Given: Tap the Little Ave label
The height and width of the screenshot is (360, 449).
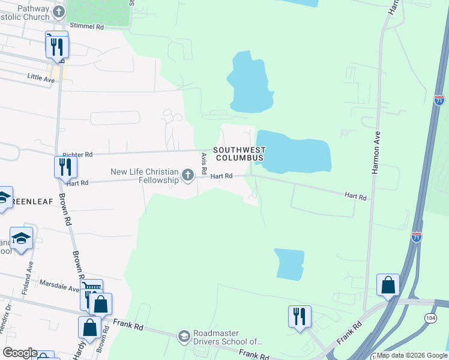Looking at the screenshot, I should [41, 77].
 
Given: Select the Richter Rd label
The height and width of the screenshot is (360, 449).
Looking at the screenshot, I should [77, 154].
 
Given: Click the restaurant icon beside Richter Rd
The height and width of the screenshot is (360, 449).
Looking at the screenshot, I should [65, 167].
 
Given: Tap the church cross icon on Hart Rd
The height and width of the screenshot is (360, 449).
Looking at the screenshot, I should [188, 176].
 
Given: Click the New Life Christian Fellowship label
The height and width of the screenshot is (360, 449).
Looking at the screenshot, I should [145, 176].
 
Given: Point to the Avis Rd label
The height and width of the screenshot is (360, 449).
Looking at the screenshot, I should [204, 161].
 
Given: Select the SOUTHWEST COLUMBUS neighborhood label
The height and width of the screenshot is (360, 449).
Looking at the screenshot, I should [240, 154].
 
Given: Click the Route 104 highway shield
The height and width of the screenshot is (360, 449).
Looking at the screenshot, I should [430, 318].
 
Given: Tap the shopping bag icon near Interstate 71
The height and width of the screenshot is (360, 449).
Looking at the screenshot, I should [388, 285].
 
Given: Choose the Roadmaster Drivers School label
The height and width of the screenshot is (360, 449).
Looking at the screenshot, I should [228, 338].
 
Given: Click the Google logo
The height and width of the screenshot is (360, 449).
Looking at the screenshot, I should [20, 353].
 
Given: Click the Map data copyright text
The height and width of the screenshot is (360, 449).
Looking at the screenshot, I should [411, 355].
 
